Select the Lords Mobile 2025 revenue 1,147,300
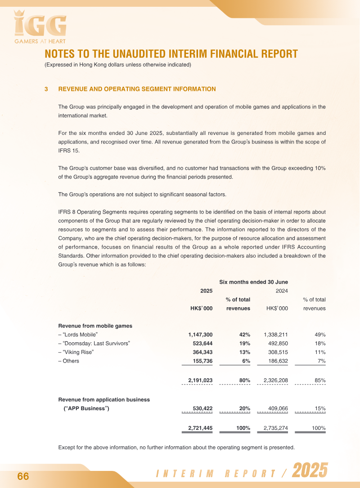(200, 335)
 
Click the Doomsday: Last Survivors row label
(94, 344)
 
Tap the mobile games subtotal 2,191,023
(200, 381)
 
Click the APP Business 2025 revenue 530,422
(202, 409)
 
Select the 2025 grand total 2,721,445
(200, 428)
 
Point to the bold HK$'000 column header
(202, 309)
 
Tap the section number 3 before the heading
(46, 89)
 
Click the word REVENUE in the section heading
(75, 89)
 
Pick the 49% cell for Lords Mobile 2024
(320, 335)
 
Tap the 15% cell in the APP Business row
(320, 409)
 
